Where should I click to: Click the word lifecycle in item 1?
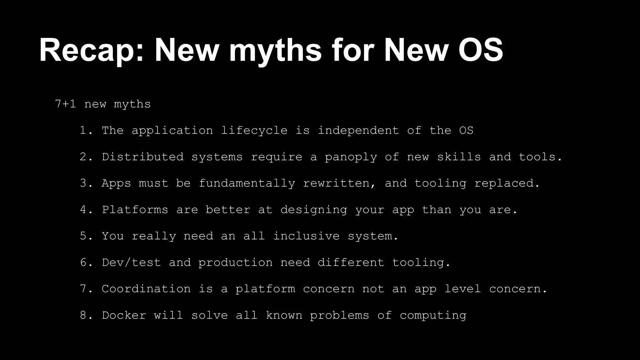pos(254,131)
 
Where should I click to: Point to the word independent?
pos(358,131)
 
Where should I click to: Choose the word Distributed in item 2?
pos(143,157)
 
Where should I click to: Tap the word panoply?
pos(351,157)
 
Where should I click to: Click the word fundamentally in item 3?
pos(247,183)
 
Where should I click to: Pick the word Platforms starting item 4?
pos(135,210)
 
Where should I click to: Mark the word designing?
pos(314,210)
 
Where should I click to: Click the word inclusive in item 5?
pos(306,236)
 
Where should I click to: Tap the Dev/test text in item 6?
pos(132,262)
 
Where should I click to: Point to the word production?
pos(236,262)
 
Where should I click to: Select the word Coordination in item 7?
pos(146,289)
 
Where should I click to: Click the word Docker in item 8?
pos(124,315)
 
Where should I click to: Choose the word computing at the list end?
pos(433,315)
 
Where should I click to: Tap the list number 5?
pos(84,236)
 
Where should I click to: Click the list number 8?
pos(84,315)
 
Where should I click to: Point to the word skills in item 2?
pos(459,157)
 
